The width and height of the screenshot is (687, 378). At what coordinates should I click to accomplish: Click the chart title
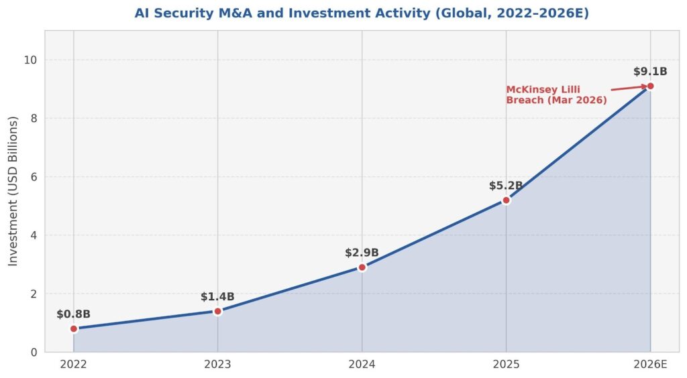point(362,13)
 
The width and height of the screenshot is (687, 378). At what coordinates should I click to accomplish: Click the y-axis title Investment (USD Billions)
point(13,191)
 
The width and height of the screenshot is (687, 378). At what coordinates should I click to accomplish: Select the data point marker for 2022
point(74,328)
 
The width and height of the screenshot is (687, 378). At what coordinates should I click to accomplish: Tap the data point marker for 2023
point(218,311)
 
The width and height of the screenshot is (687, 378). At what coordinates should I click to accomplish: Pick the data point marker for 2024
point(362,267)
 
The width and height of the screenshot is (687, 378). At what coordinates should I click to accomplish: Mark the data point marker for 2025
point(507,200)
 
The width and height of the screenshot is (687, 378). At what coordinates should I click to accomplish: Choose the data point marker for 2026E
point(650,86)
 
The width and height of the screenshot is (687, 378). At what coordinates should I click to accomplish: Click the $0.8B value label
point(73,314)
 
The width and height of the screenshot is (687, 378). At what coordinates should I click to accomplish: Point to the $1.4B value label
point(217,297)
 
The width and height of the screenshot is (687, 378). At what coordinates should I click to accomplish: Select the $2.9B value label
point(362,253)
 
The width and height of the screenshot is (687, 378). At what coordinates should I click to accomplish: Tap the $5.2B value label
point(506,186)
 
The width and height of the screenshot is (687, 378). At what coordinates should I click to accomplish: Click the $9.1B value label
point(649,72)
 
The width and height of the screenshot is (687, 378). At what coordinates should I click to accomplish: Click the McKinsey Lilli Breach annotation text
point(556,94)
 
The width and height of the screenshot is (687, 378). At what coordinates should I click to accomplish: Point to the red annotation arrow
point(629,88)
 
